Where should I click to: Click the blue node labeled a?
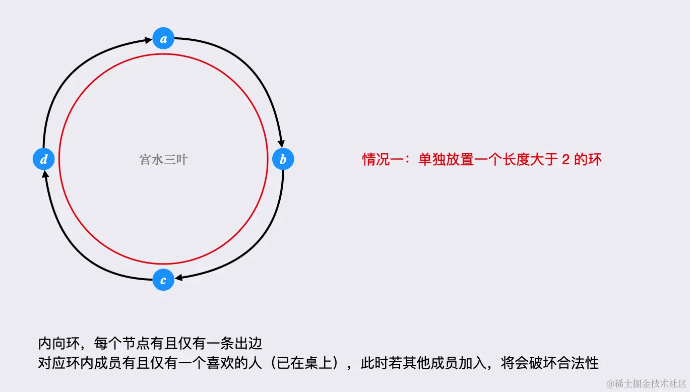pyautogui.click(x=163, y=38)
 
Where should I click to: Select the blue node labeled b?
pyautogui.click(x=283, y=159)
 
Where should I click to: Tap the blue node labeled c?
pyautogui.click(x=163, y=280)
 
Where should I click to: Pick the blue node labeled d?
pyautogui.click(x=43, y=159)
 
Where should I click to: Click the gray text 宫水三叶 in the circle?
pyautogui.click(x=163, y=160)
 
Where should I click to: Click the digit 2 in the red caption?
pyautogui.click(x=565, y=160)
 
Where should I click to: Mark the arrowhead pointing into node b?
pyautogui.click(x=281, y=145)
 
